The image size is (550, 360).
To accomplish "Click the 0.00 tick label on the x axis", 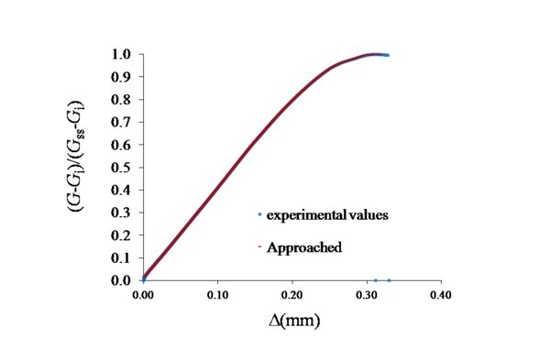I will point(143,297).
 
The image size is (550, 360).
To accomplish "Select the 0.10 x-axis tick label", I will point(217,297).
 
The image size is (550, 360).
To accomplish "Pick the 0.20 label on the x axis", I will point(291,297).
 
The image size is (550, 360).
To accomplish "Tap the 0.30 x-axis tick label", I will point(366,297).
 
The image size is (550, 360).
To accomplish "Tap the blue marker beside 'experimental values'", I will point(260,215).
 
